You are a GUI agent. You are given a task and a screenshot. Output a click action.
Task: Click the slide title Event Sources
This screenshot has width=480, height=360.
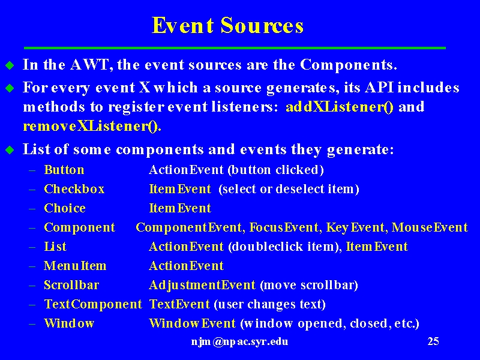pyautogui.click(x=227, y=25)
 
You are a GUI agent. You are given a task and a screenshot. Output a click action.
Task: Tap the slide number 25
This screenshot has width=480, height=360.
pyautogui.click(x=433, y=341)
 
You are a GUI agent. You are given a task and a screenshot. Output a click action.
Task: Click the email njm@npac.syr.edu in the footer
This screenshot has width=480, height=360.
pyautogui.click(x=239, y=341)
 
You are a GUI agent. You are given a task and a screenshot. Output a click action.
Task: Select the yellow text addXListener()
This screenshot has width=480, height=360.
pyautogui.click(x=340, y=107)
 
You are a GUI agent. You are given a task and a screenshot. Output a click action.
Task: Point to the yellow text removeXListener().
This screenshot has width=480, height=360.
pyautogui.click(x=92, y=126)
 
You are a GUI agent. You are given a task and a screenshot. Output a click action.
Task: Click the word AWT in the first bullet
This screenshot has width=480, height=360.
pyautogui.click(x=89, y=65)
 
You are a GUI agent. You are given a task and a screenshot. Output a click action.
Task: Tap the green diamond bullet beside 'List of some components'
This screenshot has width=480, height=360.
pyautogui.click(x=10, y=150)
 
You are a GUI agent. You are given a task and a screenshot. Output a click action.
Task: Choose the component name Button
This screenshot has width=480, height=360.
pyautogui.click(x=64, y=170)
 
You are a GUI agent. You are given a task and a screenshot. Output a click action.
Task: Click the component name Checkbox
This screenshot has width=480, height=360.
pyautogui.click(x=74, y=189)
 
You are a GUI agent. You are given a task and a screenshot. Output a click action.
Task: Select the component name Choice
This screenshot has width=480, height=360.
pyautogui.click(x=65, y=208)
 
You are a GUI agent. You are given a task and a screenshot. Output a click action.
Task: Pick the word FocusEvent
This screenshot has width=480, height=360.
pyautogui.click(x=284, y=227)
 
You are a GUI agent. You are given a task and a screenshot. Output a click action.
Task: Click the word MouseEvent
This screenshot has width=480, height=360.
pyautogui.click(x=430, y=227)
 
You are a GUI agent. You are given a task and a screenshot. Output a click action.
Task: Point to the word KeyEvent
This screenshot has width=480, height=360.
pyautogui.click(x=355, y=228)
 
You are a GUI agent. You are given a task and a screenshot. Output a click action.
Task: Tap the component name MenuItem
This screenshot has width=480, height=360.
pyautogui.click(x=75, y=266)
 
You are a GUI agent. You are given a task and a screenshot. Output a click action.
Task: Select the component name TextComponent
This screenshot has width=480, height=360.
pyautogui.click(x=93, y=304)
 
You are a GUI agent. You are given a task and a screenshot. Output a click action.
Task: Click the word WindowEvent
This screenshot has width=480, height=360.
pyautogui.click(x=192, y=323)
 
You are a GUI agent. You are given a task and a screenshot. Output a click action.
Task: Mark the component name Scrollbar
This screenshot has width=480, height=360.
pyautogui.click(x=71, y=285)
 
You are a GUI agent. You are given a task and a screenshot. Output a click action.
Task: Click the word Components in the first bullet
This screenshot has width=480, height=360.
pyautogui.click(x=349, y=65)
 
